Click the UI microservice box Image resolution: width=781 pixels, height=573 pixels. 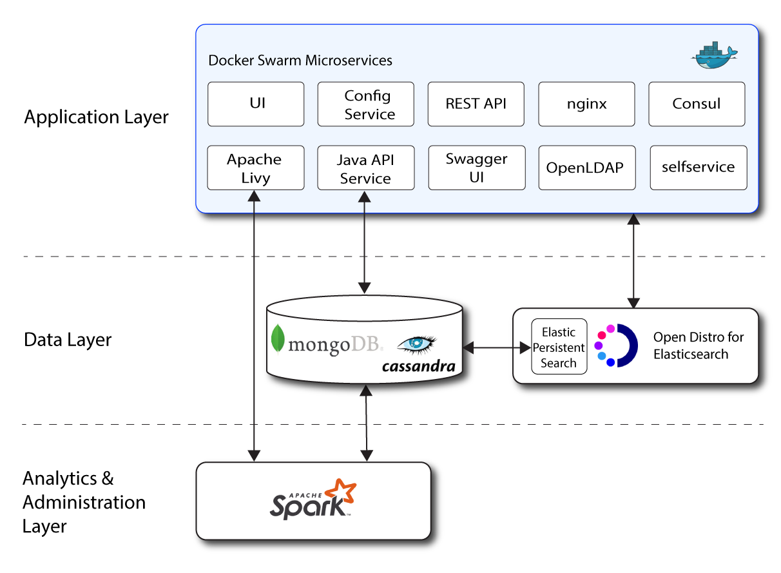tap(256, 104)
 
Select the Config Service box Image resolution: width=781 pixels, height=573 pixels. tap(365, 104)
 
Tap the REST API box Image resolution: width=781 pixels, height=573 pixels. tap(476, 104)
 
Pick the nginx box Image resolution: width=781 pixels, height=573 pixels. tap(586, 104)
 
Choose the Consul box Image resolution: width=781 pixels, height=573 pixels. tap(697, 104)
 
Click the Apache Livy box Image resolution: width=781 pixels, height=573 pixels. tap(255, 168)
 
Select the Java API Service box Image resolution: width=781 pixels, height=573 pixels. tap(365, 168)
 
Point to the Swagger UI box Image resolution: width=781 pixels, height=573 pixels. tap(476, 168)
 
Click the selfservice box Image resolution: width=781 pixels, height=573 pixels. tap(698, 168)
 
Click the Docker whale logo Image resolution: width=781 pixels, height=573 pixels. tap(713, 56)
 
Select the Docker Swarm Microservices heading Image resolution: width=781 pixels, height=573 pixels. tap(300, 61)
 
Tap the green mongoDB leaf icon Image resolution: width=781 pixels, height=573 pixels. tap(278, 338)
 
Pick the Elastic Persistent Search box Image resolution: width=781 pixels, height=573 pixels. tap(559, 347)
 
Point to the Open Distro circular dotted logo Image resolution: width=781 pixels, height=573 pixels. tap(616, 345)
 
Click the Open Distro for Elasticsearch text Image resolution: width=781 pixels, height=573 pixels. tap(699, 345)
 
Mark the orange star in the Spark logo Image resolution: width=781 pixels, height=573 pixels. tap(341, 490)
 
